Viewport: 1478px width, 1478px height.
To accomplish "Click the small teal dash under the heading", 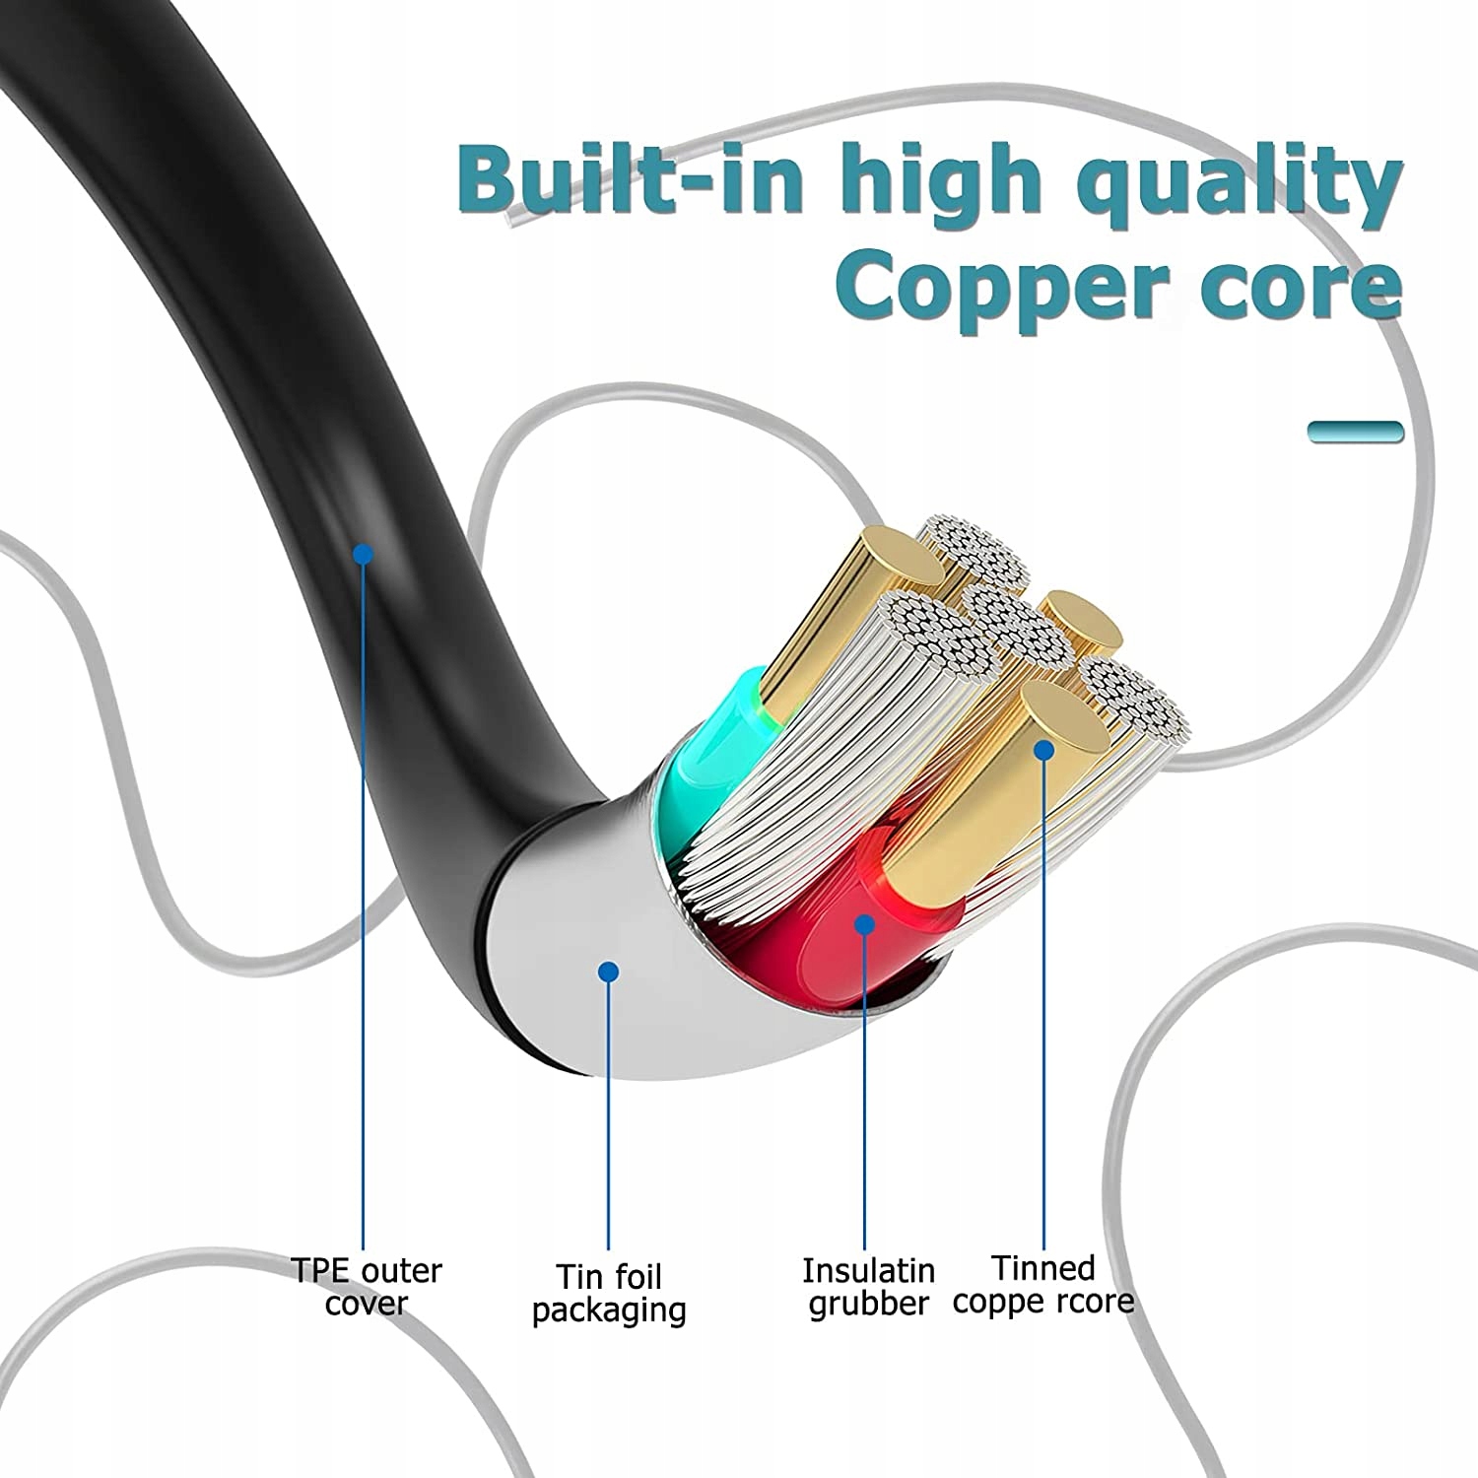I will pyautogui.click(x=1355, y=432).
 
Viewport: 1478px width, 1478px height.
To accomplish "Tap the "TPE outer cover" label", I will pyautogui.click(x=366, y=1286).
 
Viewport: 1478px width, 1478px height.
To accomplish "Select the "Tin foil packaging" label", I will pyautogui.click(x=609, y=1293).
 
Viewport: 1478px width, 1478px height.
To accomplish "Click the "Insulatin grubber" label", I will pyautogui.click(x=868, y=1286).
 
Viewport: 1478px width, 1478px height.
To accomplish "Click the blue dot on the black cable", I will pyautogui.click(x=364, y=554).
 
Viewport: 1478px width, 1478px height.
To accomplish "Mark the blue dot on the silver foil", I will pyautogui.click(x=609, y=972).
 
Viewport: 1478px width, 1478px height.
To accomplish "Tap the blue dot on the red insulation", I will pyautogui.click(x=864, y=924).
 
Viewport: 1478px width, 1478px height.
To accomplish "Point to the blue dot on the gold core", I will pyautogui.click(x=1044, y=750).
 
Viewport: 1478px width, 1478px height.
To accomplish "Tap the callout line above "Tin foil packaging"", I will pyautogui.click(x=609, y=1113).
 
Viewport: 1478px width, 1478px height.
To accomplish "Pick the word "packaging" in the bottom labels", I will pyautogui.click(x=609, y=1310).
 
